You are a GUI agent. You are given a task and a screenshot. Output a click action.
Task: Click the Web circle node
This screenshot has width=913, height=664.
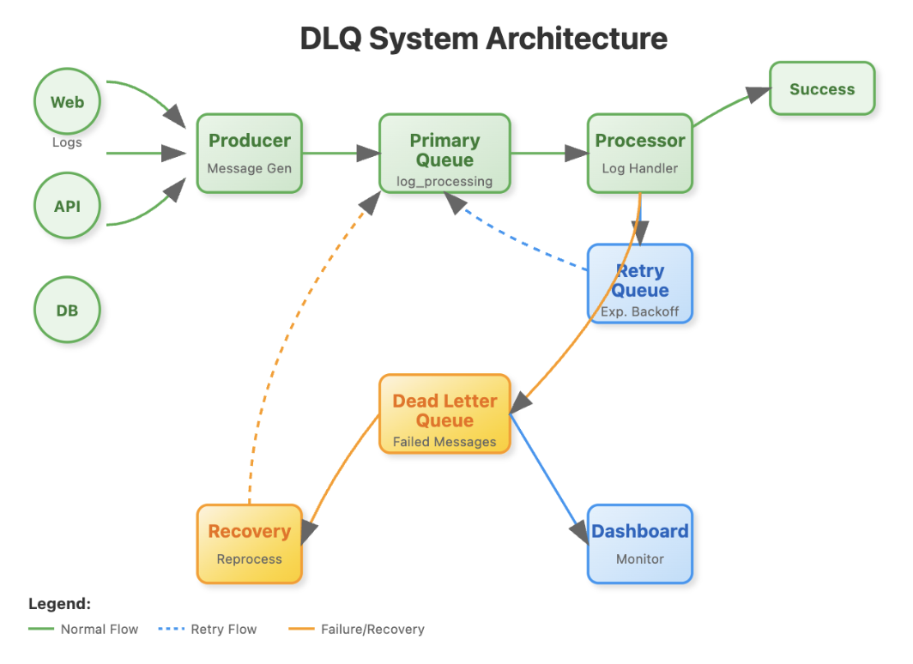67,102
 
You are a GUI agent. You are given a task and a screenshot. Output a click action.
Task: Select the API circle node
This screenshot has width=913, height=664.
67,206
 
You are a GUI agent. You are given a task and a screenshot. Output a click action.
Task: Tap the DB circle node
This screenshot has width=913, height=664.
67,310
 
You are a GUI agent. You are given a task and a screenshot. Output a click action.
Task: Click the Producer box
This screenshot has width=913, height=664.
249,153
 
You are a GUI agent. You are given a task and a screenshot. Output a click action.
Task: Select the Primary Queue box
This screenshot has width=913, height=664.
444,153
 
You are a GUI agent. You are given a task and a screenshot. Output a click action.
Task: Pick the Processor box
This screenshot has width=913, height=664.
640,153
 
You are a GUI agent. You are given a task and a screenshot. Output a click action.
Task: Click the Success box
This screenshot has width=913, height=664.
822,88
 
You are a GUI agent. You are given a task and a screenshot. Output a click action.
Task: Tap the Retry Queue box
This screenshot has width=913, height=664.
640,283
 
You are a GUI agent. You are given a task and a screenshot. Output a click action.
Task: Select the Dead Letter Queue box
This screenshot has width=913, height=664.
444,413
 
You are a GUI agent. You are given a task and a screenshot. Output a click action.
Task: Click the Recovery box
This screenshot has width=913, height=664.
249,544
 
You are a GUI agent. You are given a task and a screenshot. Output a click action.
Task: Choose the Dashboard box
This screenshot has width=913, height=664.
640,544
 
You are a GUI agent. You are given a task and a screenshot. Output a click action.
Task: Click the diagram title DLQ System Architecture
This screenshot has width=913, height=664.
483,39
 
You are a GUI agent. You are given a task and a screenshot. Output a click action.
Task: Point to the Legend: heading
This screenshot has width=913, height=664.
59,604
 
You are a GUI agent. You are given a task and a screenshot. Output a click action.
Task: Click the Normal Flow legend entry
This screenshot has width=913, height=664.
100,629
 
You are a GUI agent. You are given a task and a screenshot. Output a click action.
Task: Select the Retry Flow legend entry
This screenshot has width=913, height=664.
223,629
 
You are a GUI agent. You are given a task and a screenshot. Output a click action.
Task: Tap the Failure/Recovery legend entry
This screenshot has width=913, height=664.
372,629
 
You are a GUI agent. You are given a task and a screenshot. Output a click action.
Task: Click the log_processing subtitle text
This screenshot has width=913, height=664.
444,181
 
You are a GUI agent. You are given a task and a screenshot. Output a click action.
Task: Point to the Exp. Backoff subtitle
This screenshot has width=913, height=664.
640,311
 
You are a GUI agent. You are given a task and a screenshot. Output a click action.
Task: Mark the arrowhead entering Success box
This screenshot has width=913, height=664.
757,94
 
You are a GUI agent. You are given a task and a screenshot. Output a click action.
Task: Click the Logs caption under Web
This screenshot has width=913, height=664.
67,142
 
